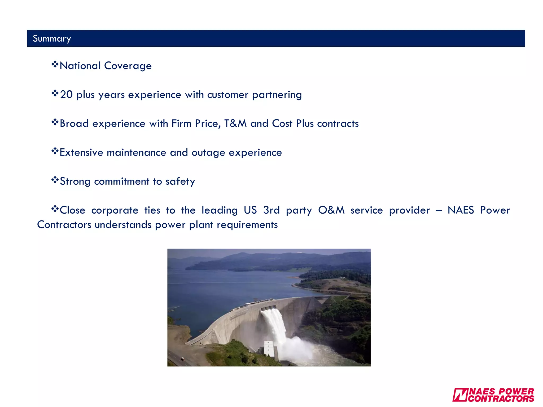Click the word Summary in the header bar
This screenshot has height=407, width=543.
click(x=52, y=39)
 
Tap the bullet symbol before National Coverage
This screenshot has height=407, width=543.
click(x=55, y=64)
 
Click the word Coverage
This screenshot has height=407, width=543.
click(x=128, y=66)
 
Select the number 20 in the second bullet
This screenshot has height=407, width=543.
click(x=66, y=95)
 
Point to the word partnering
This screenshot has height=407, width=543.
click(x=277, y=95)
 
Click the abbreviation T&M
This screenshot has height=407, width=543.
click(x=235, y=123)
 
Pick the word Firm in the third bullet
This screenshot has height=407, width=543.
click(x=181, y=123)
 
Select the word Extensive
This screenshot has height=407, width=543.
click(x=81, y=153)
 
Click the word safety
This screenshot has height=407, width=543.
click(x=180, y=182)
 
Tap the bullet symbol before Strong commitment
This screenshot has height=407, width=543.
click(x=55, y=180)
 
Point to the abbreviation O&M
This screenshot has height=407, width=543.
click(x=331, y=210)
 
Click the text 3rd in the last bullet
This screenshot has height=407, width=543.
click(x=271, y=210)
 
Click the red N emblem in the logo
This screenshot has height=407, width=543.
click(x=460, y=395)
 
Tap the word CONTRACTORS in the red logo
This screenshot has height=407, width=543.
click(x=501, y=399)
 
